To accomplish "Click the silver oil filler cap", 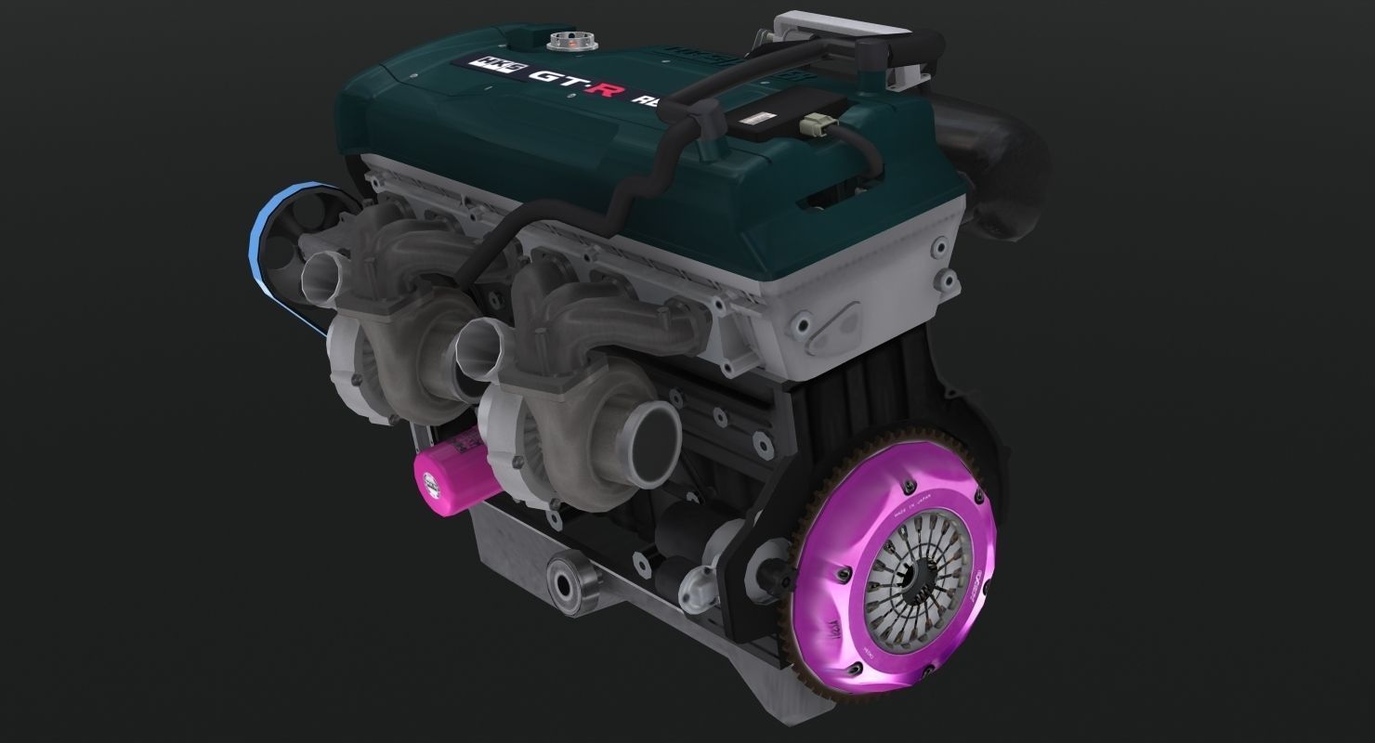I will (x=566, y=41).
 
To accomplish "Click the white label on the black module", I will (x=759, y=118).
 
